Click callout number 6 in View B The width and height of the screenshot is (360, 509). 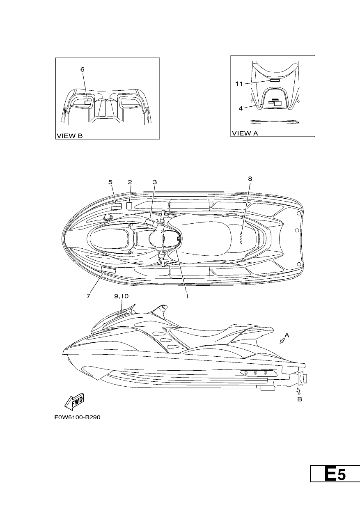(82, 69)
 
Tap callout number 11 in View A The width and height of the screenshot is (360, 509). (239, 84)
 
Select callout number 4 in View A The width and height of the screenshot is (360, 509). (241, 108)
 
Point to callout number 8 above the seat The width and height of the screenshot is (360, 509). (250, 179)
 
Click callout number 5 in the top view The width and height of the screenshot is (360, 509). (110, 182)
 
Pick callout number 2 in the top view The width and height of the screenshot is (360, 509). (130, 182)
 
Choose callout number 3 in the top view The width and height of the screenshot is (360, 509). (155, 182)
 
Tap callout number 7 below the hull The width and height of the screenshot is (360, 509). (88, 296)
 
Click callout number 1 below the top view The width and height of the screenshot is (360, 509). (187, 296)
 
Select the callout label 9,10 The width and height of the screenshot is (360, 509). (121, 296)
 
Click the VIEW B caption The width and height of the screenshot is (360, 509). (69, 136)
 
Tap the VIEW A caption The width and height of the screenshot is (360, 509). (245, 133)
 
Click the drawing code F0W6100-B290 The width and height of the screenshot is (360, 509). (77, 424)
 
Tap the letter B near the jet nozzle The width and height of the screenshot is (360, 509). (300, 399)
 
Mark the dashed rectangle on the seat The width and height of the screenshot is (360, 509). (242, 238)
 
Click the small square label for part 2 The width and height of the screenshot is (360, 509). (129, 206)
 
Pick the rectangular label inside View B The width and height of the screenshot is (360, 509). (87, 103)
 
